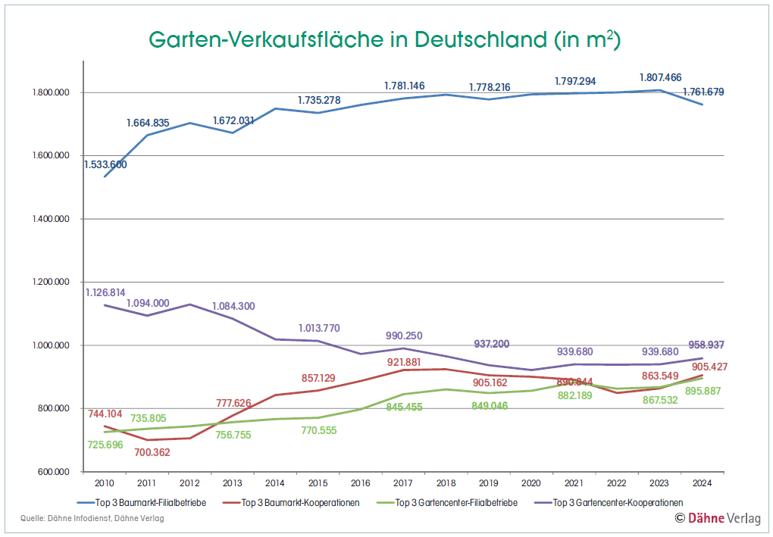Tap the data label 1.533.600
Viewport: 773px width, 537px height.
[105, 164]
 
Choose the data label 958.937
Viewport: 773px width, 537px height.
[703, 345]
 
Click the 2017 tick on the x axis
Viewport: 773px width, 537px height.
[403, 482]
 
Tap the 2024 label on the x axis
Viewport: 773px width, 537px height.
[703, 482]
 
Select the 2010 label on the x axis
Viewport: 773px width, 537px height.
[104, 482]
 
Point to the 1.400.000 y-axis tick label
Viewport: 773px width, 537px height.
[49, 219]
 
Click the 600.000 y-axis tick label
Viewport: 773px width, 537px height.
[52, 472]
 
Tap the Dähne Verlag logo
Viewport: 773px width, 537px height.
[718, 518]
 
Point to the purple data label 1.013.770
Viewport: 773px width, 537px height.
[319, 328]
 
